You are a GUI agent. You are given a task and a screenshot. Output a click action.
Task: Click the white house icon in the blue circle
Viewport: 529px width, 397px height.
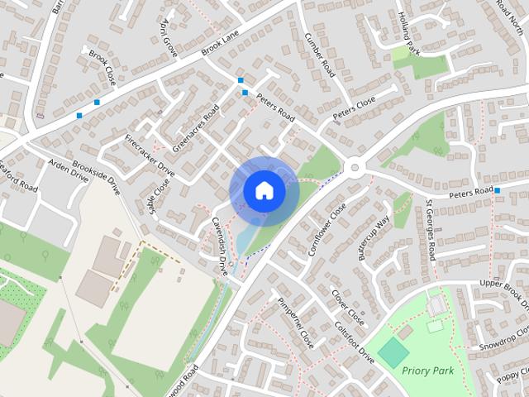(x=264, y=191)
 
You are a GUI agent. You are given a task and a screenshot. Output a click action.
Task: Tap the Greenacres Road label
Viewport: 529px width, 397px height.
(x=195, y=128)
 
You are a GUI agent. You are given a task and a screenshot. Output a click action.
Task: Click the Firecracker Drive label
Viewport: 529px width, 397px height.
(x=150, y=155)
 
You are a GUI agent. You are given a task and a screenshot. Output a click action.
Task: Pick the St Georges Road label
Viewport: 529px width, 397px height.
(x=431, y=229)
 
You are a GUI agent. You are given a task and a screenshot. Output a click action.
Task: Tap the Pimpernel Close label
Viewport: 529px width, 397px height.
(x=295, y=321)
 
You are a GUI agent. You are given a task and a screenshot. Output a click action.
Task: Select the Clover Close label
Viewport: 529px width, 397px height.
(x=347, y=306)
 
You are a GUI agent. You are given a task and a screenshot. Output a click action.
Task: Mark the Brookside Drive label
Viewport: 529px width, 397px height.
(x=97, y=173)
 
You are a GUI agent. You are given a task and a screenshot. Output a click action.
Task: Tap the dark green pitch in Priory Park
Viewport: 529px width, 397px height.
(x=393, y=353)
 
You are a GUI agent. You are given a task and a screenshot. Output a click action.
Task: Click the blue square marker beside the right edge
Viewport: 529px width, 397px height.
(x=498, y=191)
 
